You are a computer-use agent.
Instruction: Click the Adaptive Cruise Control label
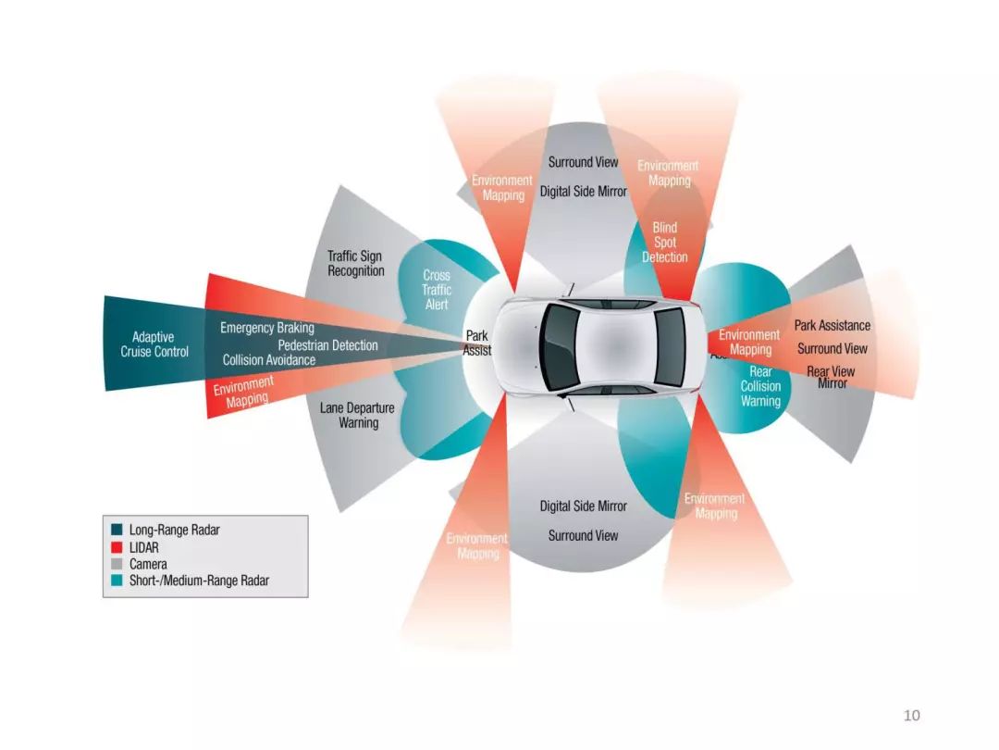pyautogui.click(x=154, y=344)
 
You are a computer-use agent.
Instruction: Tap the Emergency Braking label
pyautogui.click(x=266, y=328)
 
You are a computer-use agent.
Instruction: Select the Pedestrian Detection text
pyautogui.click(x=327, y=345)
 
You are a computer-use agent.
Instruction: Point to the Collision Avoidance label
pyautogui.click(x=268, y=360)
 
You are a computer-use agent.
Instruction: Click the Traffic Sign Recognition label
pyautogui.click(x=355, y=263)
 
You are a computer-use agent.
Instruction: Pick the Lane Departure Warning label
pyautogui.click(x=357, y=415)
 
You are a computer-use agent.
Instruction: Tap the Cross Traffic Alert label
pyautogui.click(x=437, y=290)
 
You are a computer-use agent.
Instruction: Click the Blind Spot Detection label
pyautogui.click(x=665, y=242)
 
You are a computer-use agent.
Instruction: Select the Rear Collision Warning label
pyautogui.click(x=760, y=386)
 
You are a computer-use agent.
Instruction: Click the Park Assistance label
pyautogui.click(x=832, y=325)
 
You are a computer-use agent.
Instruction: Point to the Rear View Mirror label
pyautogui.click(x=831, y=376)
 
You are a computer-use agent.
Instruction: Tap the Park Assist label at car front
pyautogui.click(x=477, y=344)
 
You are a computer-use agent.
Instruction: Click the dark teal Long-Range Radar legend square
pyautogui.click(x=117, y=531)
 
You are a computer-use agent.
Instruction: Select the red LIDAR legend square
pyautogui.click(x=117, y=547)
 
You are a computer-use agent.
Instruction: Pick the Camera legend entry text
pyautogui.click(x=148, y=564)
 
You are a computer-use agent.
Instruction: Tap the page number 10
pyautogui.click(x=911, y=715)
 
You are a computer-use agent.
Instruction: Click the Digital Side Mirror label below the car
pyautogui.click(x=583, y=506)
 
